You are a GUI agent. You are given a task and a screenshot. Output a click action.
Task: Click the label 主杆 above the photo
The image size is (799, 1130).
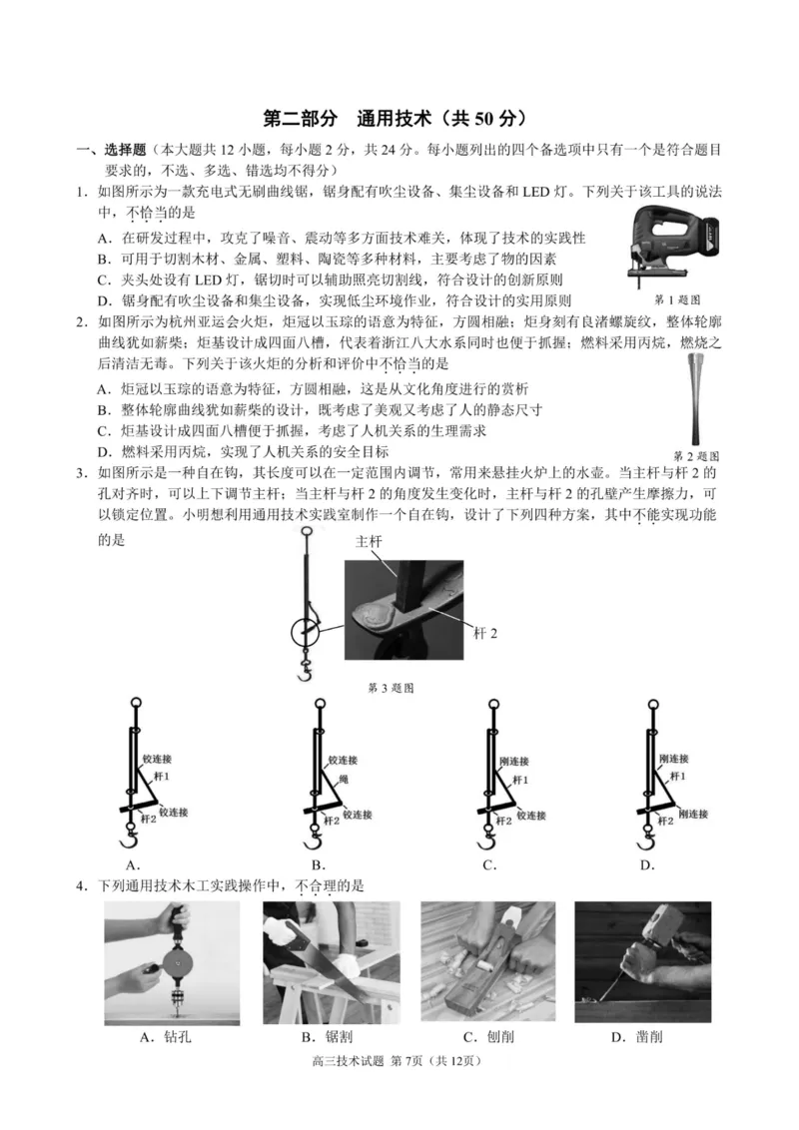tap(369, 540)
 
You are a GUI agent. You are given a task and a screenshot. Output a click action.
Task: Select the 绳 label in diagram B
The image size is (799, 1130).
tap(343, 777)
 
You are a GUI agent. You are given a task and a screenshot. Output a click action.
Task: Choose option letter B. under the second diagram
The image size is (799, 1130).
tap(319, 864)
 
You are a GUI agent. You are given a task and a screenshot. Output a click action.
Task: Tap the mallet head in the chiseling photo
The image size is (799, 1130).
tap(660, 924)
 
